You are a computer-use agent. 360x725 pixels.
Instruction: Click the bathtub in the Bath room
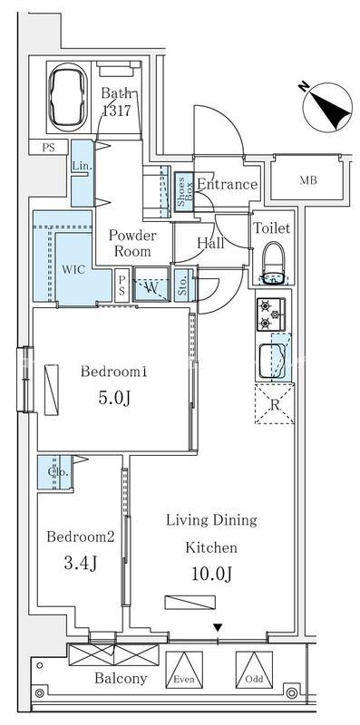[x=68, y=97]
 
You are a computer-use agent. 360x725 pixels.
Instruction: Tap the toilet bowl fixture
[x=274, y=263]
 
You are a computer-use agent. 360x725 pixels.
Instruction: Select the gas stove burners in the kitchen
[x=271, y=314]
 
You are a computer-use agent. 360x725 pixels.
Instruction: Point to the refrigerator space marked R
[x=275, y=403]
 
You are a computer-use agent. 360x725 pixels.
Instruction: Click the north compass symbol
[x=327, y=107]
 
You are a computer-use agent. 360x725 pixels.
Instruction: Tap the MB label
[x=308, y=180]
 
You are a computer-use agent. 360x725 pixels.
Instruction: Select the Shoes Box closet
[x=183, y=192]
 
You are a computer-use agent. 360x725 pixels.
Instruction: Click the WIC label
[x=73, y=269]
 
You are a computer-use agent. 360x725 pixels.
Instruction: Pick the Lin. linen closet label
[x=80, y=166]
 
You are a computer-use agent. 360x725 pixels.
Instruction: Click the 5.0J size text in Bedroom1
[x=114, y=398]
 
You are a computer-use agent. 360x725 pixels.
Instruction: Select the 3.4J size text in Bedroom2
[x=81, y=562]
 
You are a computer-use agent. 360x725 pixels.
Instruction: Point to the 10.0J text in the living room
[x=211, y=574]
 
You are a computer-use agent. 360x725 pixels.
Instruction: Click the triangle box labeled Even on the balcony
[x=184, y=670]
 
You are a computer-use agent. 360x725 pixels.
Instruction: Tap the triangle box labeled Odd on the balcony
[x=254, y=670]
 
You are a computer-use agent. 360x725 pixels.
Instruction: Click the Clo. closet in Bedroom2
[x=55, y=472]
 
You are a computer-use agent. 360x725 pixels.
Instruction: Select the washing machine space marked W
[x=151, y=285]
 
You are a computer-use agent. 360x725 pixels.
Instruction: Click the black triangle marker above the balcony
[x=218, y=627]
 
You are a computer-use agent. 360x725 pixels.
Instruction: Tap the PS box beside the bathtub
[x=49, y=148]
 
